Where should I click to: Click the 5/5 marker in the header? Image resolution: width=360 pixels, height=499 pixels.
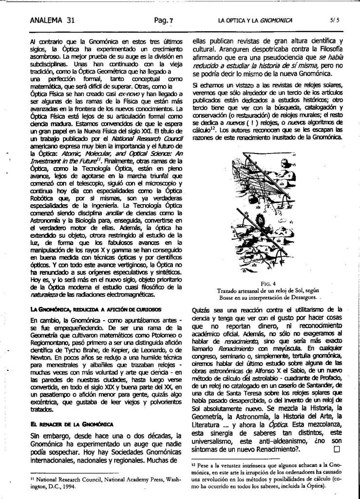[x=334, y=21]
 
